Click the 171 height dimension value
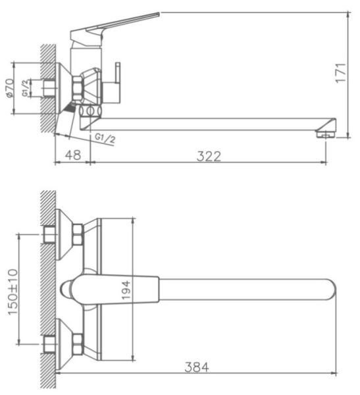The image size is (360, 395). point(341,73)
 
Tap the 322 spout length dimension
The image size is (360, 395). point(209,156)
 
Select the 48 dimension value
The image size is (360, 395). point(73,155)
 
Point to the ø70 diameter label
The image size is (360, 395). point(10,88)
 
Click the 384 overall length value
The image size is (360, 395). point(197,367)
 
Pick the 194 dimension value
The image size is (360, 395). point(126,290)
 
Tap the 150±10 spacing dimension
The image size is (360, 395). point(13,292)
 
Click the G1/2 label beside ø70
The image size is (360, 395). point(25,88)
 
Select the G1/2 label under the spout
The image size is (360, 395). point(105,138)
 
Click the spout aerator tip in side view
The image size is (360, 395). point(326,134)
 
